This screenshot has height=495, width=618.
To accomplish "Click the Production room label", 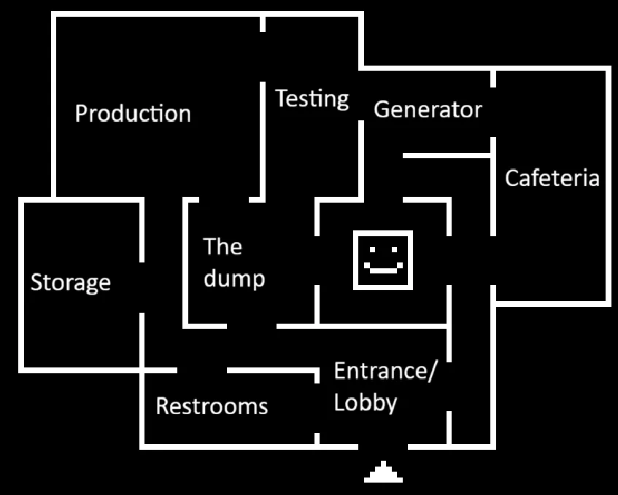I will coord(133,114).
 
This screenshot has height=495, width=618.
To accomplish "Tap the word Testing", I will coord(312,98).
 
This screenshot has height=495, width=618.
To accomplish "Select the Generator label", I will coord(428,110).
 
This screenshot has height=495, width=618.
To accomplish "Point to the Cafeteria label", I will coord(552,178).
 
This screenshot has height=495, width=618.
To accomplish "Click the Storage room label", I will coord(71,282).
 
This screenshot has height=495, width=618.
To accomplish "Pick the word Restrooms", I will coord(212,406).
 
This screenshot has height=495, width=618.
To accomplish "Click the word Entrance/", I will coord(385,371).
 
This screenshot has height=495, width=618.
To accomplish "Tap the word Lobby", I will coord(366,402).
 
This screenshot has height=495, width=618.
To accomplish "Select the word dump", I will coord(233,278).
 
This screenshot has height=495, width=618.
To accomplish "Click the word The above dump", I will coord(223,246).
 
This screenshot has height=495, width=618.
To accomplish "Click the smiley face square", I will coord(383,260).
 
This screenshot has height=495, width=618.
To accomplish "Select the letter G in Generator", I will coord(382,110).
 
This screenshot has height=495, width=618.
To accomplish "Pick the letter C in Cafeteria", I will coord(512,178).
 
